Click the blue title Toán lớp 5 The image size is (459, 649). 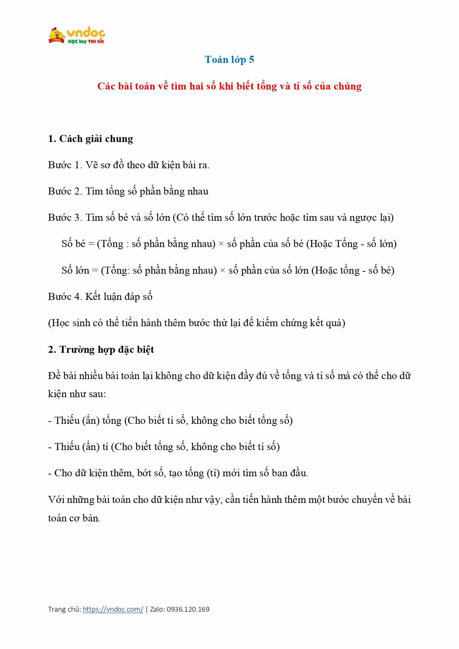click(x=229, y=60)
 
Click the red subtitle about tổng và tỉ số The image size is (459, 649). click(x=229, y=86)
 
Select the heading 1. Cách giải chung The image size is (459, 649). click(x=90, y=139)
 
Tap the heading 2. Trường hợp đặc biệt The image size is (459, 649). click(x=101, y=349)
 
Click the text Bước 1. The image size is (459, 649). click(x=65, y=165)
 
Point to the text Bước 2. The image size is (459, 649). click(x=65, y=191)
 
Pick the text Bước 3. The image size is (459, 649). click(x=65, y=217)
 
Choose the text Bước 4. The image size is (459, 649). click(x=65, y=297)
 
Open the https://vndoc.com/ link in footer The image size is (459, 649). click(x=113, y=609)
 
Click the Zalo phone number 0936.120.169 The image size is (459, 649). click(x=188, y=609)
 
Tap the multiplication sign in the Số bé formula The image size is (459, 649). click(x=221, y=244)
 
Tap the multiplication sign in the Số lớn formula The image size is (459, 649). click(x=223, y=271)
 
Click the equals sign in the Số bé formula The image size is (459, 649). click(x=91, y=244)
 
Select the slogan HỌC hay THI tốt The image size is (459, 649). click(x=86, y=41)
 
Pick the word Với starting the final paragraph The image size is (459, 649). click(x=56, y=500)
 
